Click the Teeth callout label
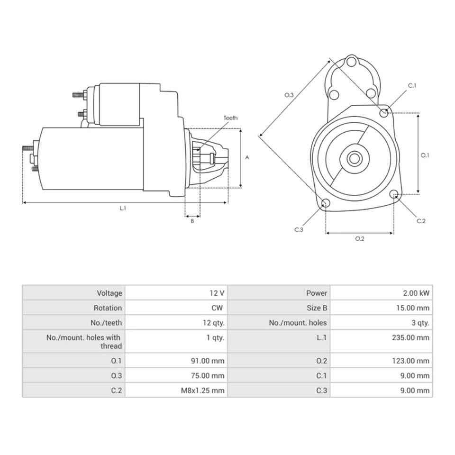230,118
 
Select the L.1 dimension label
123,209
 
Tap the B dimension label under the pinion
192,221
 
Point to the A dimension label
247,158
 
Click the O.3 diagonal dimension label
289,95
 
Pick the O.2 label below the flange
360,238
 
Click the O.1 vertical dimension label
425,155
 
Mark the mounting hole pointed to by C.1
384,113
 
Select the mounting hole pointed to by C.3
326,203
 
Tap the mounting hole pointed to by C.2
393,193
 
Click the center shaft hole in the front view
354,158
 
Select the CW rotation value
217,308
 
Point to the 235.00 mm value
413,337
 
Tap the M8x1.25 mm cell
202,391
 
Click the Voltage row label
109,293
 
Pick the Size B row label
317,308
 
